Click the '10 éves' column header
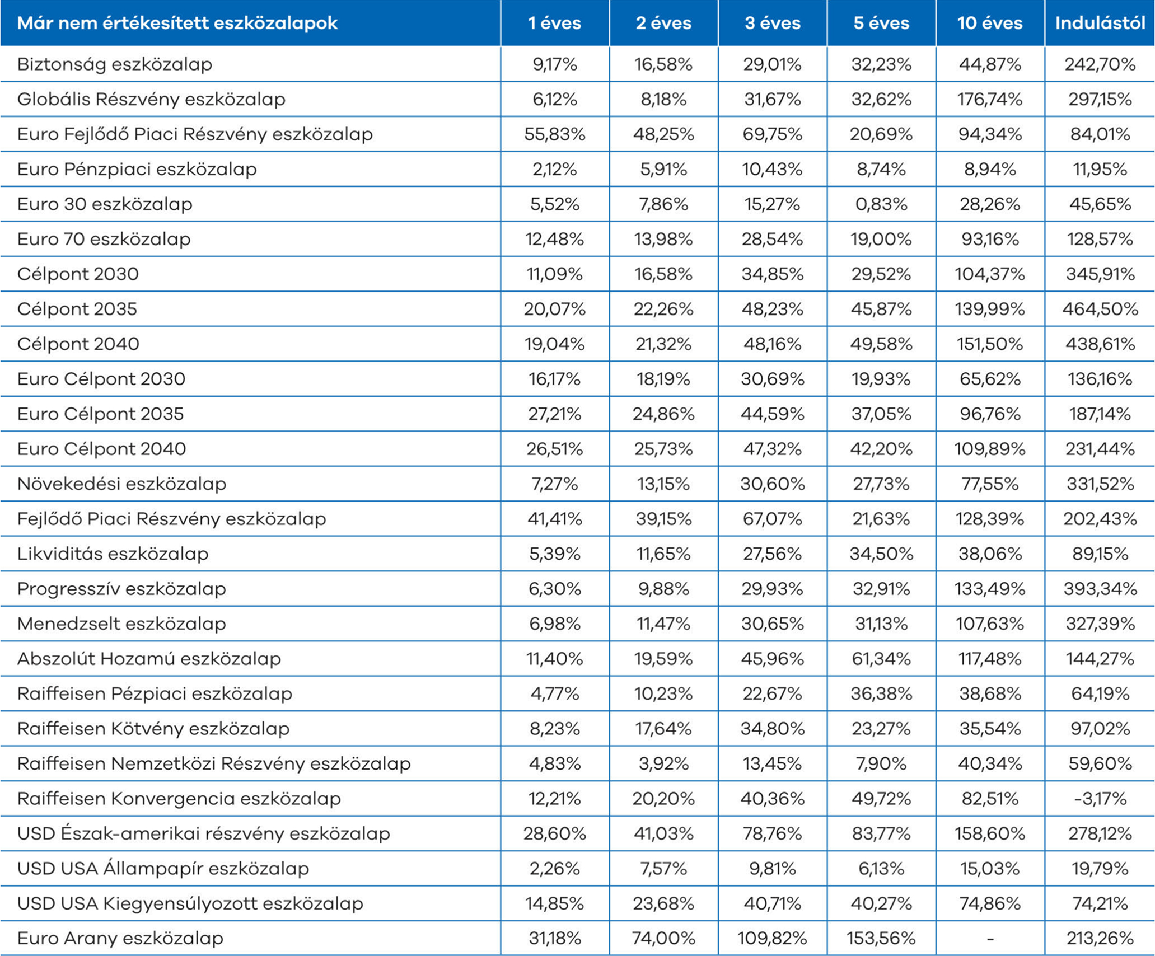click(990, 23)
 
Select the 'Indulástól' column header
click(1100, 23)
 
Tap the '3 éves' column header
click(773, 23)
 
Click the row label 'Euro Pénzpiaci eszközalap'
click(137, 169)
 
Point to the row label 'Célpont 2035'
click(77, 309)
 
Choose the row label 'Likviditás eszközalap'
click(113, 554)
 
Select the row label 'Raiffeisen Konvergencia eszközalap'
click(179, 798)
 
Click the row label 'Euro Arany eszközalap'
click(120, 938)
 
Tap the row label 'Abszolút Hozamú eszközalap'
click(149, 659)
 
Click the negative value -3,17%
click(1100, 799)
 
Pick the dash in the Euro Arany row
click(990, 939)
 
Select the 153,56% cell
click(881, 939)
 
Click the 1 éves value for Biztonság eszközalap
click(555, 64)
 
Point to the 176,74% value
click(990, 100)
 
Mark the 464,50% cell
click(1100, 309)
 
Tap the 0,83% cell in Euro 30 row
click(881, 204)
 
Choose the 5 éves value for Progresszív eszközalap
click(881, 589)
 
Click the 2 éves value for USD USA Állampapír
click(663, 869)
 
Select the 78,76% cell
click(773, 833)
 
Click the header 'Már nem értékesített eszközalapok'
click(177, 23)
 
